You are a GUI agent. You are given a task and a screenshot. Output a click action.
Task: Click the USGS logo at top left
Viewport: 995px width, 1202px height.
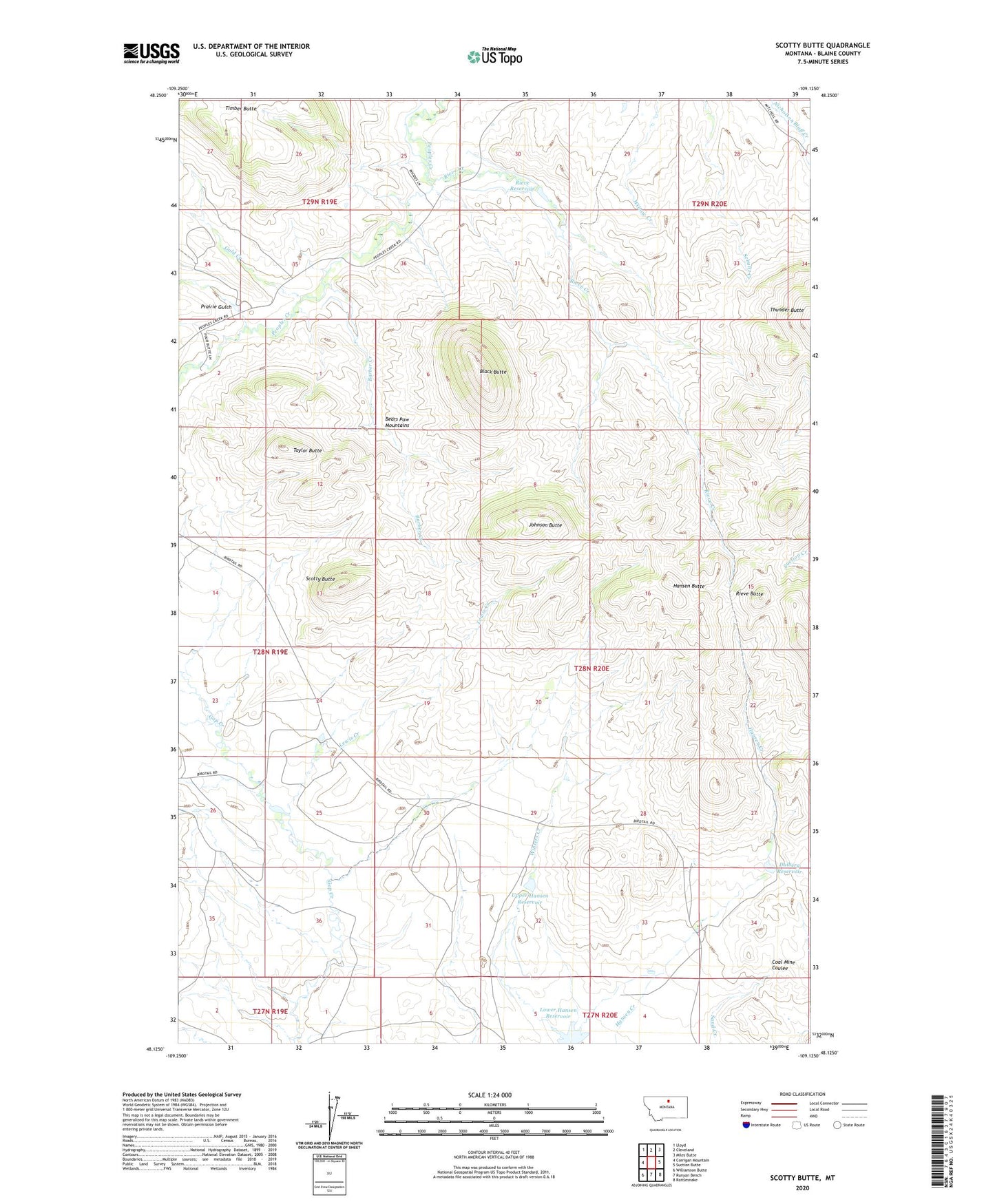click(x=151, y=53)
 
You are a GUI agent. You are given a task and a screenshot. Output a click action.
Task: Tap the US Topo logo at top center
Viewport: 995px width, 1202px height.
click(x=494, y=56)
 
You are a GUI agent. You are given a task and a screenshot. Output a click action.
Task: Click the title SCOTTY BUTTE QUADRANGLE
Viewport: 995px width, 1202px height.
click(x=822, y=45)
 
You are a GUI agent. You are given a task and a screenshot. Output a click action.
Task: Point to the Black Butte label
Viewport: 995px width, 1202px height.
click(x=493, y=372)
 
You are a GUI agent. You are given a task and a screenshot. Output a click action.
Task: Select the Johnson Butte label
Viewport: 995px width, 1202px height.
click(x=545, y=525)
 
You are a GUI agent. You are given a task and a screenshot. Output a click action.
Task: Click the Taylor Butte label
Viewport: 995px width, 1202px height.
click(x=307, y=450)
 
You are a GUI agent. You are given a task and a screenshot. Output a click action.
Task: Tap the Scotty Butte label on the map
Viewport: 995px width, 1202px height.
click(x=320, y=579)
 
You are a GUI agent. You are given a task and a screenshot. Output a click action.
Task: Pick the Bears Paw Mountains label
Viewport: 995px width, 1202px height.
click(x=397, y=422)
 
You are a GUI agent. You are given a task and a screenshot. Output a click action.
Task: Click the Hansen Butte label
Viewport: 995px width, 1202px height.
click(x=688, y=586)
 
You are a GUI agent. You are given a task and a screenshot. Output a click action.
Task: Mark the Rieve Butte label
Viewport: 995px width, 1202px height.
click(x=749, y=593)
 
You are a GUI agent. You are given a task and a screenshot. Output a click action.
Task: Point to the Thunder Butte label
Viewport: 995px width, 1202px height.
click(x=786, y=310)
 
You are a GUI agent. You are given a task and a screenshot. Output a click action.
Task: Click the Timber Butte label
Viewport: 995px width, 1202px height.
click(x=240, y=109)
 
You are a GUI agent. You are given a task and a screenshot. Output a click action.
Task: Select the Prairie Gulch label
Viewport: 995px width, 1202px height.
click(x=216, y=307)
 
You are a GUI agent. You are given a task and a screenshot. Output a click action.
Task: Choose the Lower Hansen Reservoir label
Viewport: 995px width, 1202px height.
click(x=558, y=1013)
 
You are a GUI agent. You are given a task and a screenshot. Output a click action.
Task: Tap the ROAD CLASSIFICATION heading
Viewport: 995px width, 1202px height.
click(x=802, y=1094)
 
